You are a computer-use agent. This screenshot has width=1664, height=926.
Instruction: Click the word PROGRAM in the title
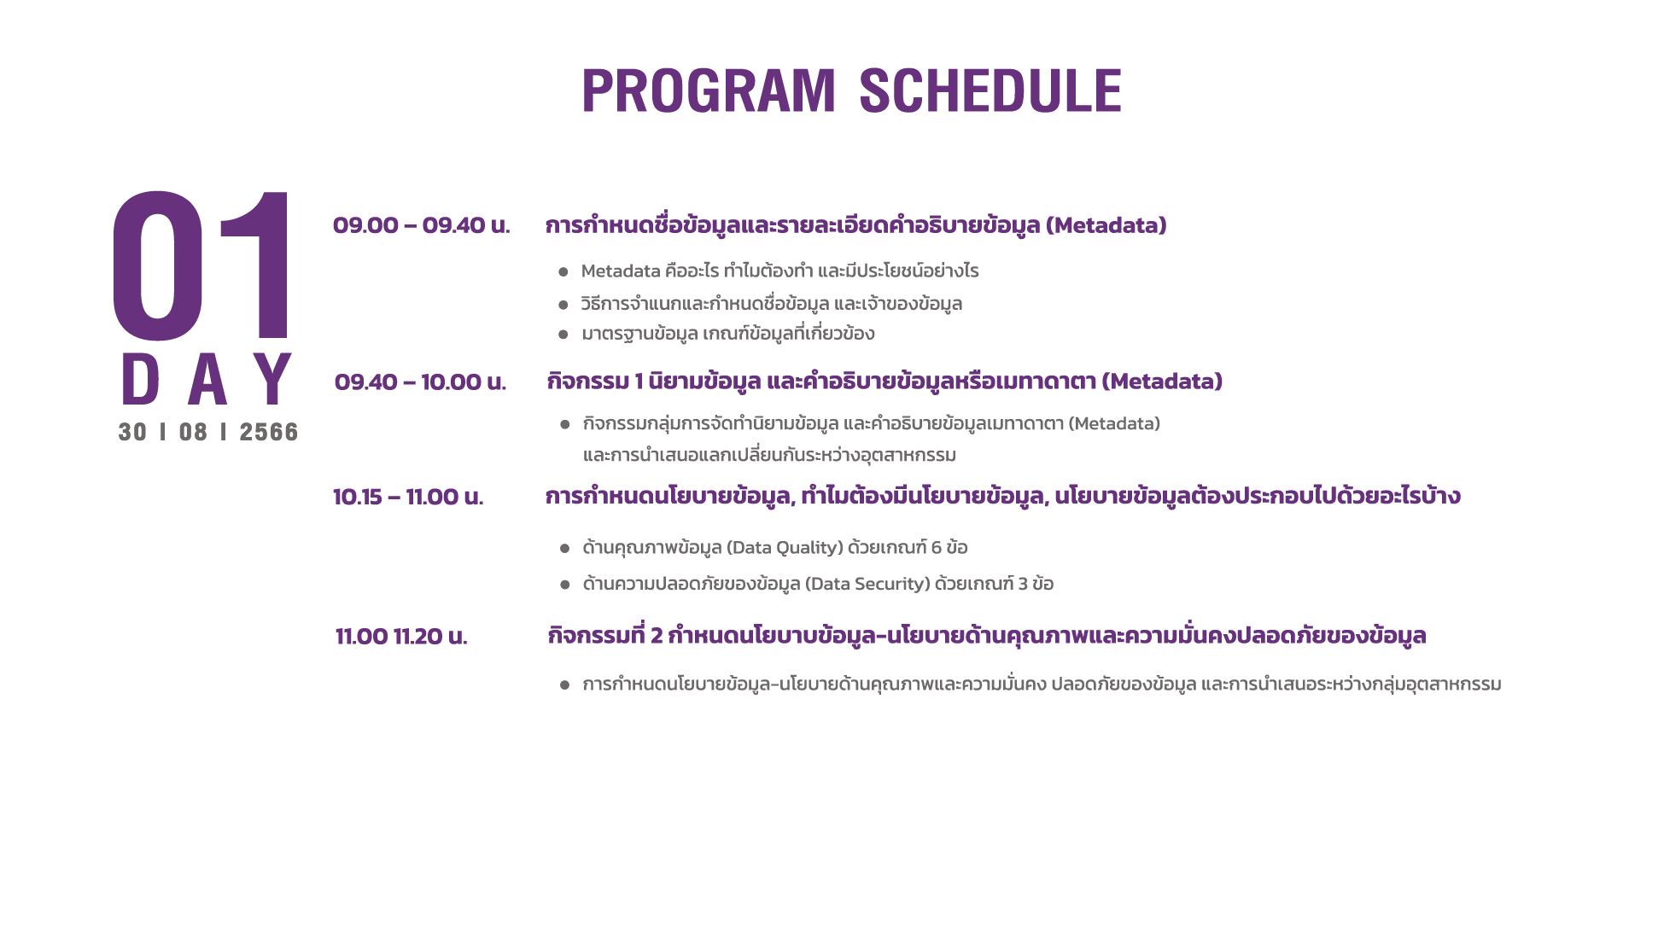(x=709, y=90)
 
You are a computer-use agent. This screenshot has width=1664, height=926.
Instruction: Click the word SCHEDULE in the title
(x=990, y=90)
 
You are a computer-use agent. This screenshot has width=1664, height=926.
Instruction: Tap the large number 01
(x=202, y=265)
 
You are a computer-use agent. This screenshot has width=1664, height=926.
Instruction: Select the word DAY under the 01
(x=207, y=379)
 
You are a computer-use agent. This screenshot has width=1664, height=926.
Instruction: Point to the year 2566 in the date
(x=269, y=432)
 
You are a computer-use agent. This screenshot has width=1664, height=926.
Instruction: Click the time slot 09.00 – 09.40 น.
(x=421, y=225)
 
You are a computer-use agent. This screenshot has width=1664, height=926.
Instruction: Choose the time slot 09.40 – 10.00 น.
(x=420, y=381)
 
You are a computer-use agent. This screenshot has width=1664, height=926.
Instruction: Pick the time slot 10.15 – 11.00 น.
(x=408, y=497)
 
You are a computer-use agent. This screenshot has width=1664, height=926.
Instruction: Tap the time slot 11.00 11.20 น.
(x=401, y=637)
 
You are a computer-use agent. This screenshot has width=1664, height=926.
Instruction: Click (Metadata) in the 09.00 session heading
(x=1106, y=225)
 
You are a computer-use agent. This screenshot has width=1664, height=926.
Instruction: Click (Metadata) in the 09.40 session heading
(x=1162, y=381)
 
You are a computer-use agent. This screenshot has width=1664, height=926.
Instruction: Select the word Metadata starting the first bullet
(x=621, y=271)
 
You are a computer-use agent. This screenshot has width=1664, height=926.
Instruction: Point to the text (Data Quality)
(x=785, y=548)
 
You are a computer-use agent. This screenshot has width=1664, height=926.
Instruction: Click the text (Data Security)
(x=867, y=585)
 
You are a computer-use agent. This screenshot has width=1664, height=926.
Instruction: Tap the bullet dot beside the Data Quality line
(x=564, y=549)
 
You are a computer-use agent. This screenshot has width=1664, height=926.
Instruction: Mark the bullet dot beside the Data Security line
(x=564, y=585)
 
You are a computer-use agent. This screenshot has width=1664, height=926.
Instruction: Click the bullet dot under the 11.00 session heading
(x=564, y=685)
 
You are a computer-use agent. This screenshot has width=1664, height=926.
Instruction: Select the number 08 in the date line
(x=193, y=432)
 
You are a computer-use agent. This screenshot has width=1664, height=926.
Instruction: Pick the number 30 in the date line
(x=132, y=432)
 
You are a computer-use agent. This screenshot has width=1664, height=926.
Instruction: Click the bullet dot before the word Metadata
(x=563, y=272)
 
